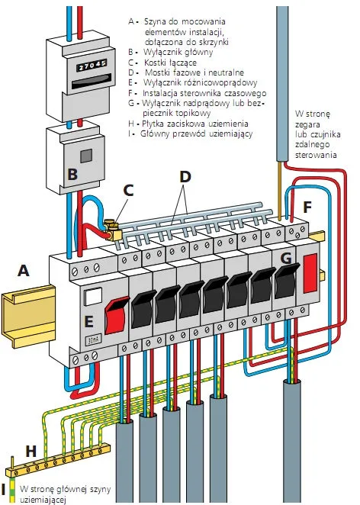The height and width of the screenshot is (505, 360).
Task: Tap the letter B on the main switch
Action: (72, 174)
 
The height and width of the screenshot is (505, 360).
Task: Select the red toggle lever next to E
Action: (117, 316)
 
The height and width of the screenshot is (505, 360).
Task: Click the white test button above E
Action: (93, 296)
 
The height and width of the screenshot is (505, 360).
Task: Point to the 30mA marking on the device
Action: (93, 339)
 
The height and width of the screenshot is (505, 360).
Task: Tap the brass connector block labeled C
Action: (111, 230)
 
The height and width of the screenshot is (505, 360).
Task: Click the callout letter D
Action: (185, 176)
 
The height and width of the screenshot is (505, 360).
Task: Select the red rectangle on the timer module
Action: (310, 273)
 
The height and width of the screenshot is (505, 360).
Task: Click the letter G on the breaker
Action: (286, 258)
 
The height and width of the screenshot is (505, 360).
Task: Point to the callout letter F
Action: (307, 207)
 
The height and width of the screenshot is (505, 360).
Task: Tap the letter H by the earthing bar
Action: (31, 452)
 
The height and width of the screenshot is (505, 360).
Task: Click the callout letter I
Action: (3, 490)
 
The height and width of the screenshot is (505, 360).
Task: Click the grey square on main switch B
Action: (86, 156)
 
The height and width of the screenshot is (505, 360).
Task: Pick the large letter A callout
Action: (23, 271)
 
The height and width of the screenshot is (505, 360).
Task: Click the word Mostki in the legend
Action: (157, 72)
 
